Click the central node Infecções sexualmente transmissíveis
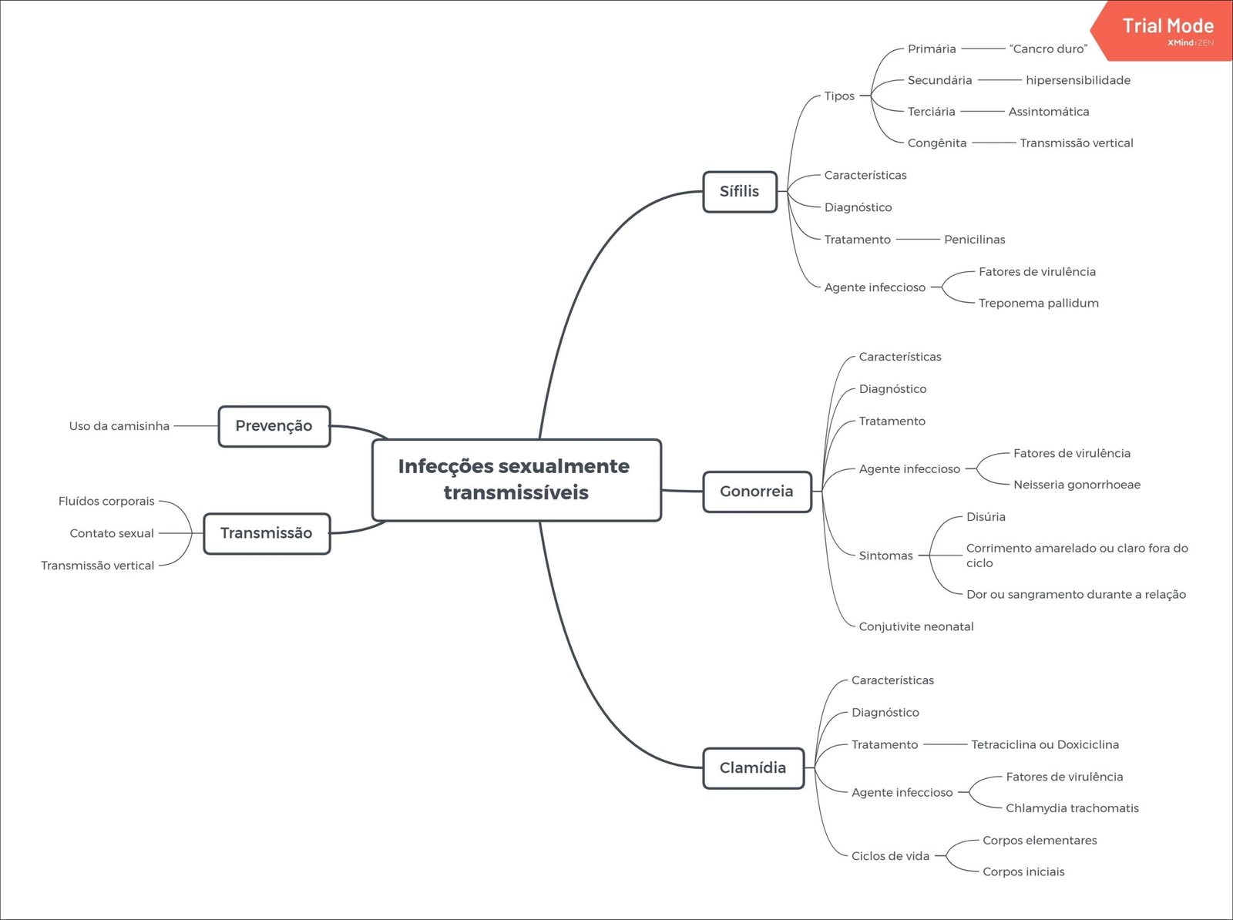(516, 479)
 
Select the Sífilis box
(739, 191)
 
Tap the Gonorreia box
(756, 491)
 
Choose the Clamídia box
(752, 767)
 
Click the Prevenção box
(274, 426)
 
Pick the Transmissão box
(266, 533)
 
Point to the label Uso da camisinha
(119, 426)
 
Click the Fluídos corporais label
(106, 501)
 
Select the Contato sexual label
(112, 533)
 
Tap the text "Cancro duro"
(1048, 49)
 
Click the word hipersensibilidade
(1078, 80)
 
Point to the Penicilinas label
(974, 240)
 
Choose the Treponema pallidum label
(1038, 303)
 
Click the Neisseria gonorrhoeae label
(1077, 485)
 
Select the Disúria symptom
(986, 517)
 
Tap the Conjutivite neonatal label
(916, 626)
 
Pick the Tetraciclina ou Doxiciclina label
(1044, 744)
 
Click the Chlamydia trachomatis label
(1072, 808)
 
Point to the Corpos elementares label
(1040, 840)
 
